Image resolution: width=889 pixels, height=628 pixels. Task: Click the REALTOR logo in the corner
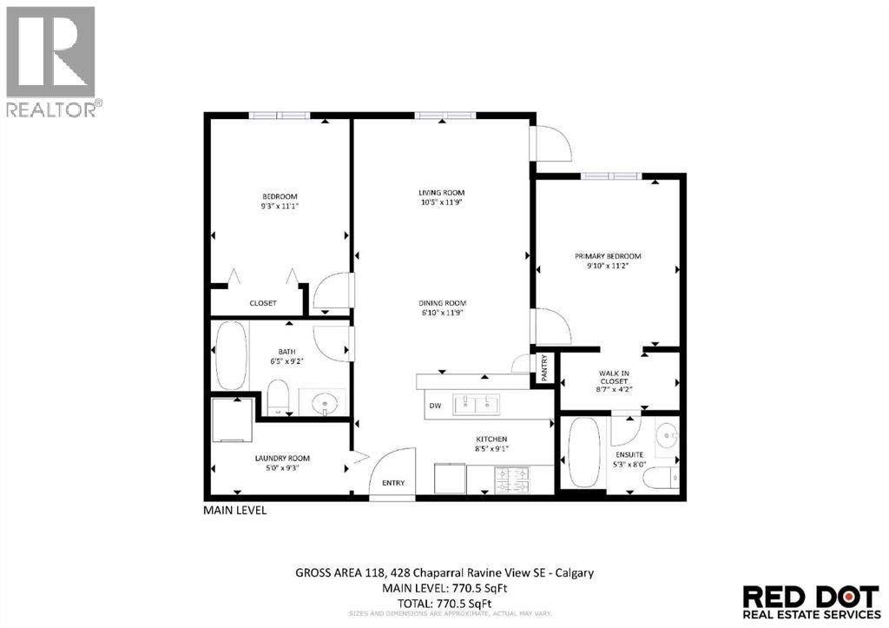[x=51, y=61]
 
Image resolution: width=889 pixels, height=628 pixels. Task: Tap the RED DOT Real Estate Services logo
[x=811, y=602]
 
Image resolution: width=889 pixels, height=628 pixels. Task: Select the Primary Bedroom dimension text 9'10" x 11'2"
[x=608, y=267]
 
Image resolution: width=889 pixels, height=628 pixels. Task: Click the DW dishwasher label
[x=435, y=406]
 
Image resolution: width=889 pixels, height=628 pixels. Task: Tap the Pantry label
[x=544, y=366]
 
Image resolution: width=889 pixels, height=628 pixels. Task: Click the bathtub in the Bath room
[x=230, y=355]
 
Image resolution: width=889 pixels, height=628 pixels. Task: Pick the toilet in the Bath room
[x=278, y=396]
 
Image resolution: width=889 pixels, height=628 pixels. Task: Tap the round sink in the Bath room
[x=325, y=402]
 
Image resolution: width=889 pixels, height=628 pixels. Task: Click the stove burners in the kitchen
[x=511, y=477]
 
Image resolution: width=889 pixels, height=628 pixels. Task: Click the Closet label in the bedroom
[x=262, y=303]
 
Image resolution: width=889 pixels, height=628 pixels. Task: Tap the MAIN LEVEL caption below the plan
[x=234, y=511]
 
